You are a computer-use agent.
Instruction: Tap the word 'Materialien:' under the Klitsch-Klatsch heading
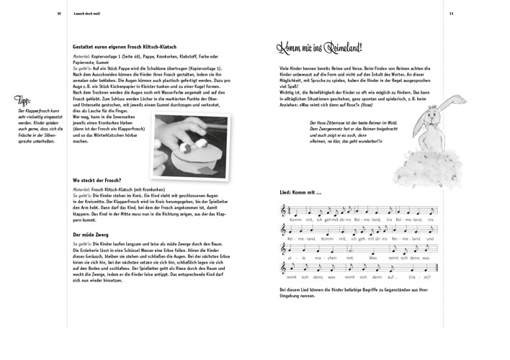coord(86,55)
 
